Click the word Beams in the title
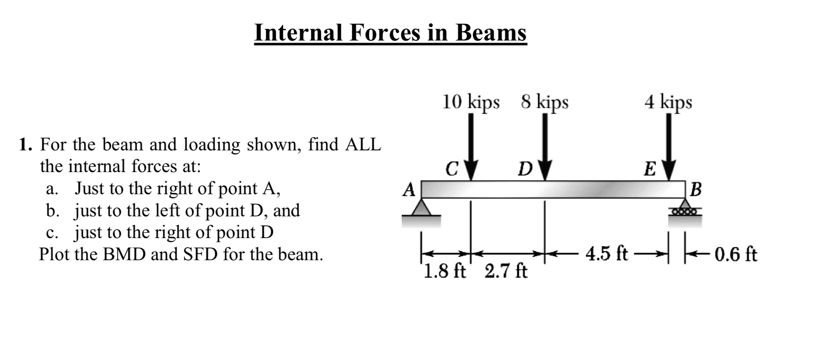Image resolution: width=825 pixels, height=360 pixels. [490, 33]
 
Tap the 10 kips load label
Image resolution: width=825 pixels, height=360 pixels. [471, 102]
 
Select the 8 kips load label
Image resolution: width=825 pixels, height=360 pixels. [544, 102]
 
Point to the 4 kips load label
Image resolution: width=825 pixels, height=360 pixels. [668, 102]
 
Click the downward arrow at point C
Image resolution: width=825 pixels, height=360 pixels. [471, 146]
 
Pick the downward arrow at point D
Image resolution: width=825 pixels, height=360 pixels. [545, 146]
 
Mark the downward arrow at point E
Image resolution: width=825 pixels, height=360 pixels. [669, 146]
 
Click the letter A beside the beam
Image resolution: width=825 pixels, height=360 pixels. [409, 190]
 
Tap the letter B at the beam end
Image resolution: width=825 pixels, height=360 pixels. [696, 190]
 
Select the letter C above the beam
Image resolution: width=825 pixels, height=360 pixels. [452, 170]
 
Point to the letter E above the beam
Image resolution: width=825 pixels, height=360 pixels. [650, 170]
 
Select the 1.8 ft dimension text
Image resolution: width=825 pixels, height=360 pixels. [444, 272]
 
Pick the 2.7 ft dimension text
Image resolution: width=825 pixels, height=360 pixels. [506, 272]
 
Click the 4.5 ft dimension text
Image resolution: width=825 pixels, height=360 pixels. [607, 254]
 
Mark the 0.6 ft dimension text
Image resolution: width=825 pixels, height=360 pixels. [736, 254]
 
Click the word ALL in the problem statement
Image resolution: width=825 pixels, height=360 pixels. [363, 145]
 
